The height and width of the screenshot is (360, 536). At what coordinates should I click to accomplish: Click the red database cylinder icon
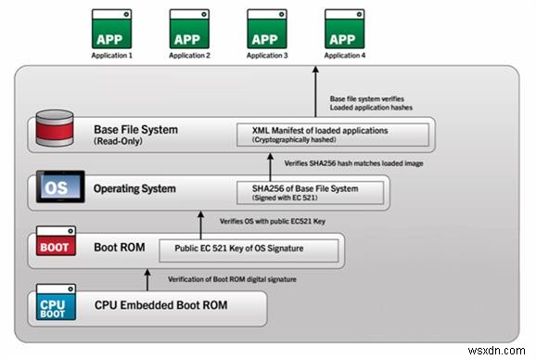[x=56, y=133]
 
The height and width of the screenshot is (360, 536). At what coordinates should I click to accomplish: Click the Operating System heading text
[x=135, y=189]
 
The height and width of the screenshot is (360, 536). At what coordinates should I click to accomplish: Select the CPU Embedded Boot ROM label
[x=162, y=305]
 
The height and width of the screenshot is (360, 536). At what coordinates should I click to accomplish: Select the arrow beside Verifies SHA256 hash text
[x=270, y=163]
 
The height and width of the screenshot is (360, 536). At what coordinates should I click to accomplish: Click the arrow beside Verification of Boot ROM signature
[x=148, y=278]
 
